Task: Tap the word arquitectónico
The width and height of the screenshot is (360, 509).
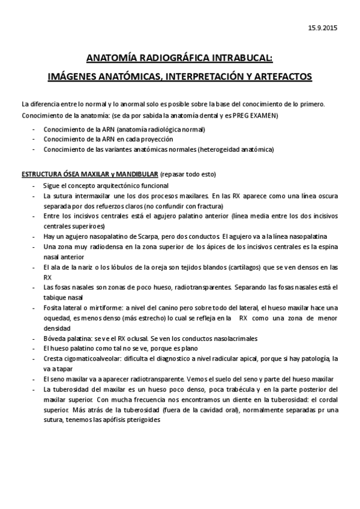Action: click(112, 186)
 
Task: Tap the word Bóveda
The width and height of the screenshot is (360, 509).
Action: click(55, 338)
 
